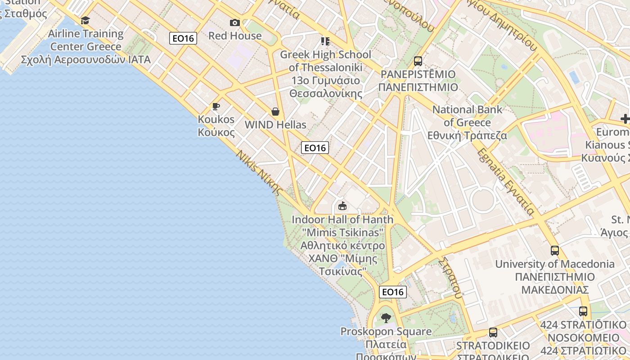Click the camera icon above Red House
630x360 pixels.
[234, 22]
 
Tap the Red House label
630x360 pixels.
[234, 36]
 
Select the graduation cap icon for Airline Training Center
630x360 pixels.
[85, 20]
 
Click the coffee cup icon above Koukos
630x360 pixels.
[216, 106]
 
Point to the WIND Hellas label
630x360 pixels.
[275, 125]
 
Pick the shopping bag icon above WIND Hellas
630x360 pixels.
[275, 112]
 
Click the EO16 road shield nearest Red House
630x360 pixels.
[183, 38]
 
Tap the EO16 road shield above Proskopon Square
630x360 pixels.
[393, 292]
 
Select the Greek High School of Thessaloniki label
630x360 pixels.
[325, 61]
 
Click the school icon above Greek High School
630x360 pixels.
[325, 41]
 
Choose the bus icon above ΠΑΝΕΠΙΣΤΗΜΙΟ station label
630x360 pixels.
[418, 61]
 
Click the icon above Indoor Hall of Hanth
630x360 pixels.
[342, 206]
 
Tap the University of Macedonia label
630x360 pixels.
[555, 264]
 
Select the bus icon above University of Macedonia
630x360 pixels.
[555, 251]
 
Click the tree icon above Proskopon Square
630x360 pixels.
[386, 318]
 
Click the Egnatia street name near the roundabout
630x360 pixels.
[506, 182]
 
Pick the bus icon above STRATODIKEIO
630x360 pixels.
[493, 333]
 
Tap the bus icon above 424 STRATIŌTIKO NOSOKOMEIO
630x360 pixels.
[583, 311]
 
